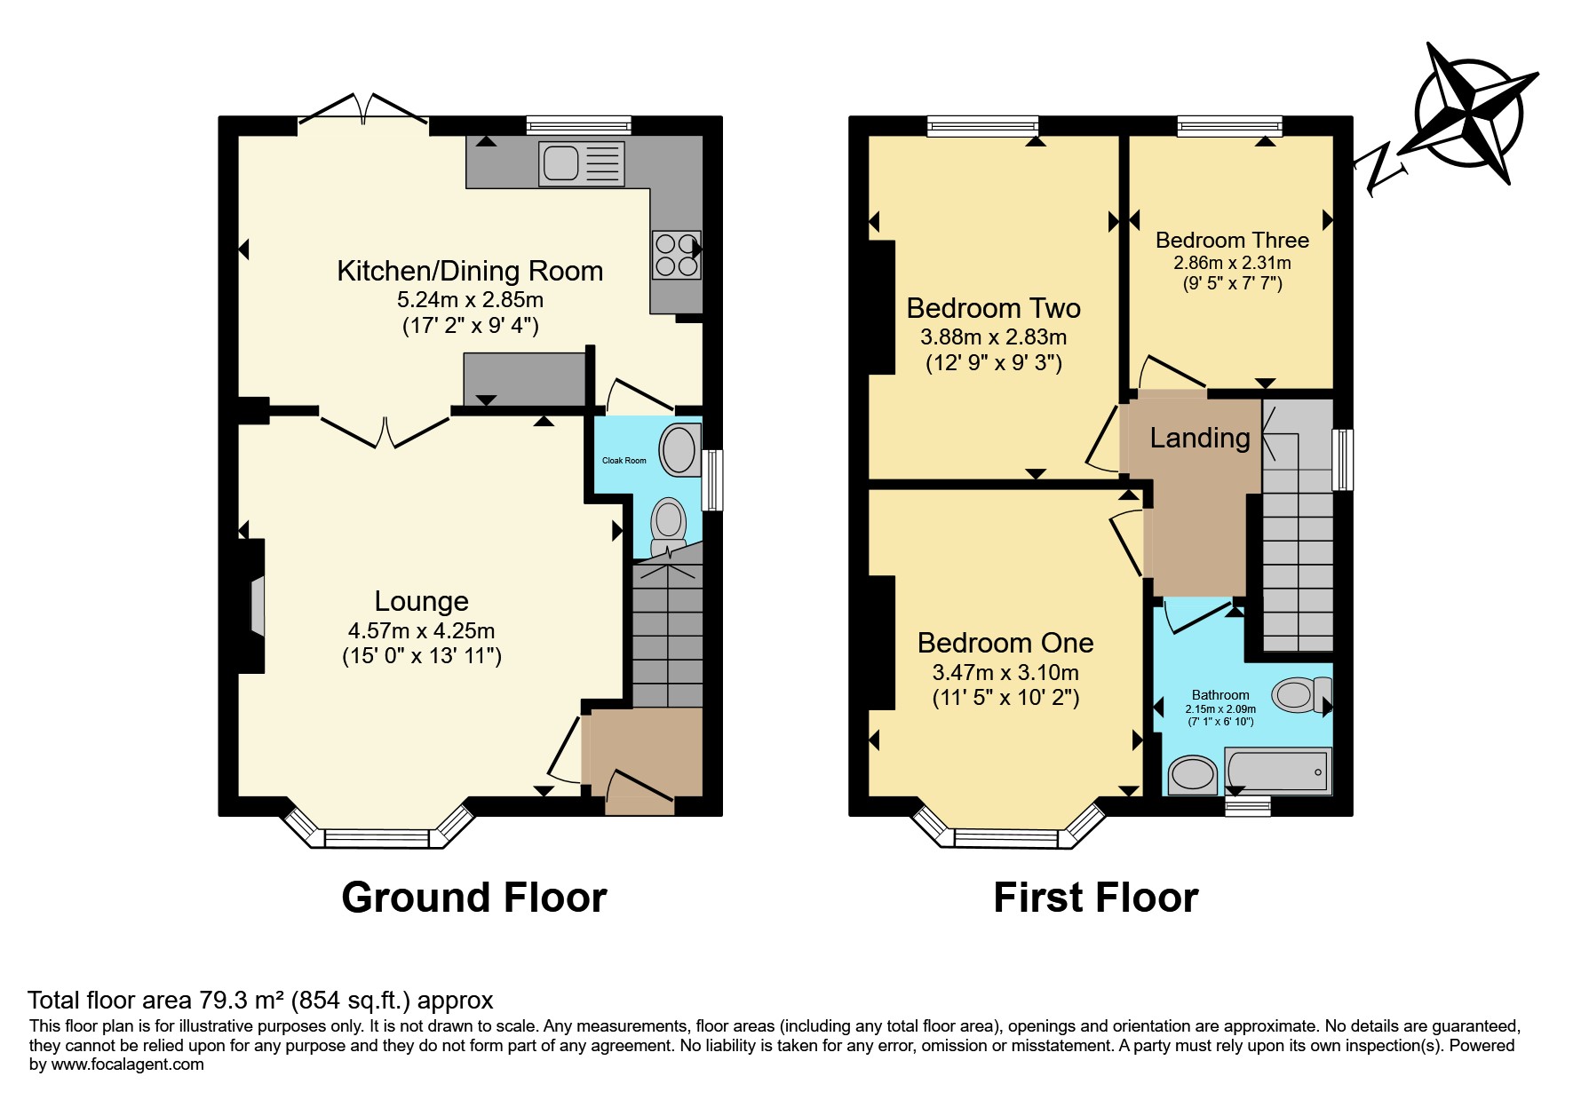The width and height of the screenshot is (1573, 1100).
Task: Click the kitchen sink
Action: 581,163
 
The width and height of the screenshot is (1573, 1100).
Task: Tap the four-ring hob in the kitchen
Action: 676,254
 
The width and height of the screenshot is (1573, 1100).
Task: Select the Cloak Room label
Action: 624,461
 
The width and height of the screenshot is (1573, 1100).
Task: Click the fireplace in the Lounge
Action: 251,605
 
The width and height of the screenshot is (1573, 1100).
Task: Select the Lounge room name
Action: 421,601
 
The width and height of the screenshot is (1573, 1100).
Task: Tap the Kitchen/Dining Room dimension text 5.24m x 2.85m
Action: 470,300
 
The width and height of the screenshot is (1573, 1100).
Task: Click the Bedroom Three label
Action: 1232,240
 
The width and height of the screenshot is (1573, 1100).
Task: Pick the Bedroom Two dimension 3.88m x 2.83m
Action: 994,337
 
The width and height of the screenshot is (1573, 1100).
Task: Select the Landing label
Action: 1200,438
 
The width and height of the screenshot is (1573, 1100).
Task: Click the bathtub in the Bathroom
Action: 1277,770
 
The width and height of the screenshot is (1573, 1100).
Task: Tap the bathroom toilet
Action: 1302,695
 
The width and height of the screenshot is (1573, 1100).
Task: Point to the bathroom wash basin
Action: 1192,775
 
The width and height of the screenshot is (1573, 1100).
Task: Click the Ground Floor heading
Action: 474,898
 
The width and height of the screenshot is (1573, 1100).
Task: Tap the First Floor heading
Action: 1096,898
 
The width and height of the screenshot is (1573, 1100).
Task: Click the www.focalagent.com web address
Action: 127,1064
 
